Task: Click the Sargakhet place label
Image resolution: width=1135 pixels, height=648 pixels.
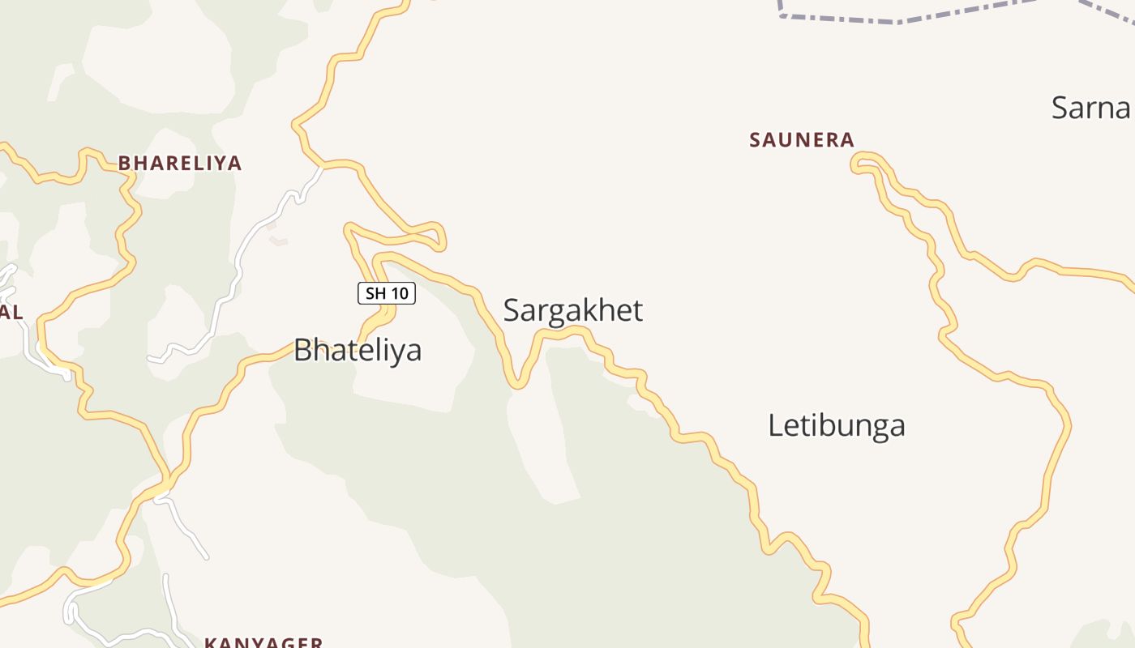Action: pos(573,310)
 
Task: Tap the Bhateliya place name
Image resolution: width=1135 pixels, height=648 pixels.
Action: pos(358,350)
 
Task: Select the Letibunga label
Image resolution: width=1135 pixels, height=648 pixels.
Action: pos(836,425)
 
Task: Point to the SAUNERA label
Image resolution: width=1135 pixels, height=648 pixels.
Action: pos(802,140)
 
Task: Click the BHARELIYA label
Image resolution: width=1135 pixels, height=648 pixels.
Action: pos(180,163)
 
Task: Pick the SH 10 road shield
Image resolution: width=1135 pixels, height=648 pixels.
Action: pos(387,293)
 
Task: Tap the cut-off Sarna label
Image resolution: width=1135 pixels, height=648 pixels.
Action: pos(1091,108)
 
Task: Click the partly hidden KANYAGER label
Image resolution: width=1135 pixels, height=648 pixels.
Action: pos(263,642)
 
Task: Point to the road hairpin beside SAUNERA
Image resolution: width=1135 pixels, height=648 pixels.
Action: pos(856,164)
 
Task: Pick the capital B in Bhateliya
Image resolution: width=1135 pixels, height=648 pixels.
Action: pos(302,350)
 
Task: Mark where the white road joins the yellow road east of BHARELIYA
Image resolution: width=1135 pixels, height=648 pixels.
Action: pos(322,167)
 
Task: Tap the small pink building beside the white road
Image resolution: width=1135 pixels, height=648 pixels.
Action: pos(278,241)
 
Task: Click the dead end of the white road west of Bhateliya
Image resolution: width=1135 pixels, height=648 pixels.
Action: pos(150,358)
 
